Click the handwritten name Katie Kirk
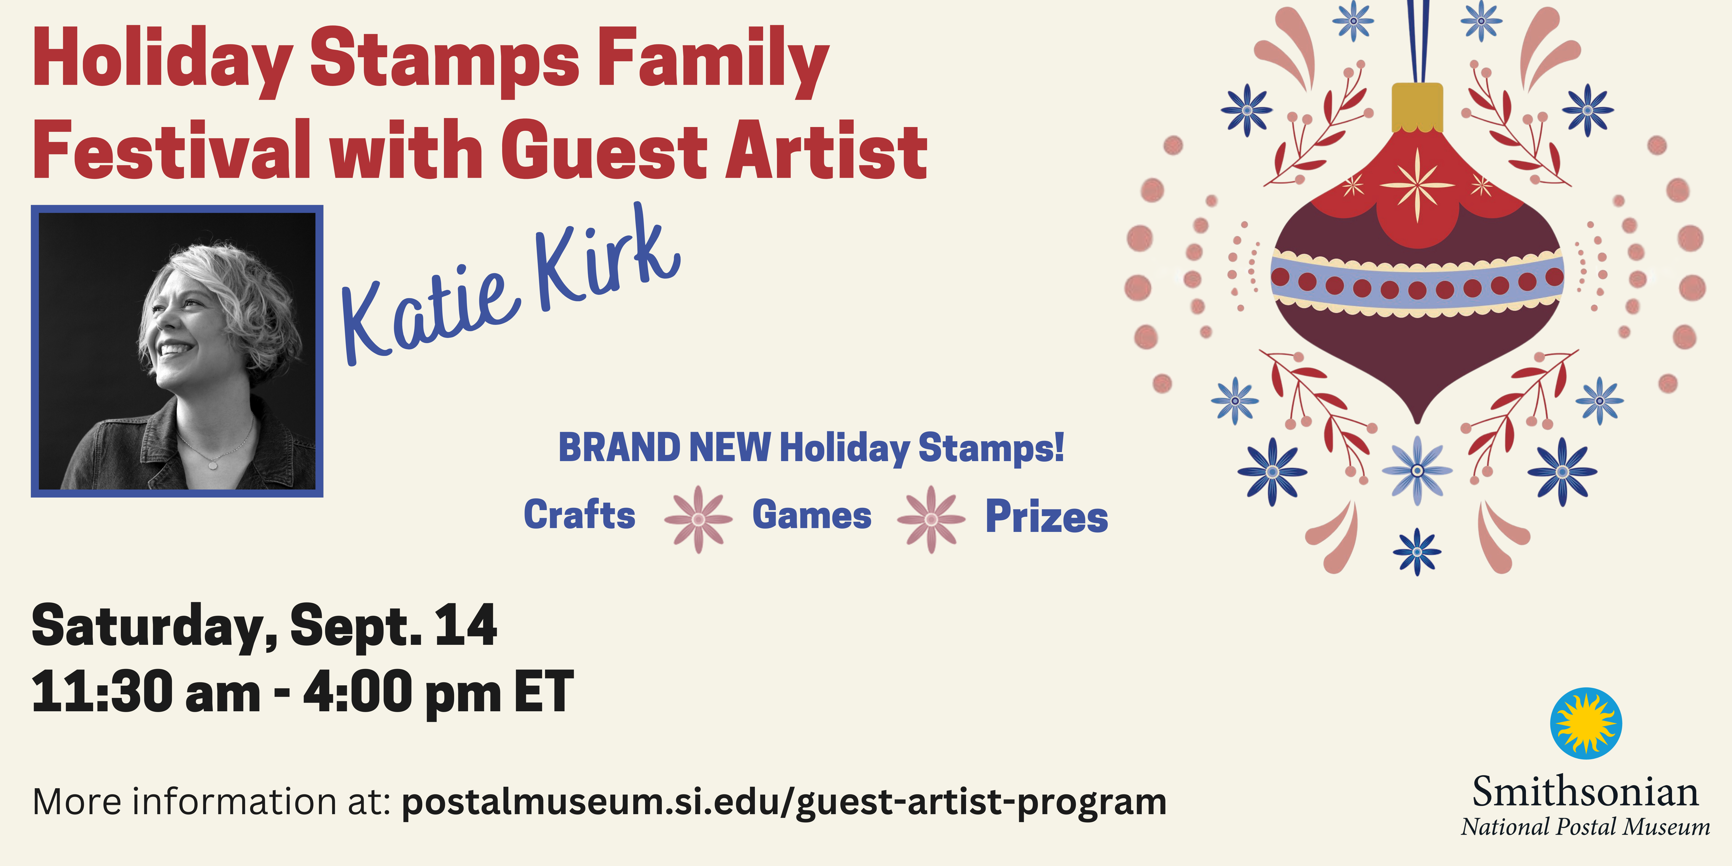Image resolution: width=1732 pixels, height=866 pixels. pos(511,286)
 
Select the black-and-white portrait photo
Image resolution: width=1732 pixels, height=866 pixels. pos(177,351)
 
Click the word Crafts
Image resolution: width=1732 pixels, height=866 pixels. pos(580,515)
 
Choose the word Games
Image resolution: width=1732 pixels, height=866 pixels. pos(812,515)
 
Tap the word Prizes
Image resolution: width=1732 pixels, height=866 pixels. pos(1046,517)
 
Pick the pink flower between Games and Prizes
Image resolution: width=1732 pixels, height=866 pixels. pos(931,519)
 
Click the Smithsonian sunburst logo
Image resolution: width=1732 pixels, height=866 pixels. pos(1586,723)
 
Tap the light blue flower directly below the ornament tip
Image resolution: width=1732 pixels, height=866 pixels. pos(1417,471)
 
